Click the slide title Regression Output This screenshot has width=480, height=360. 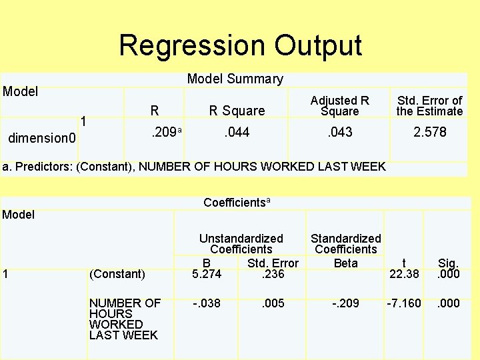coord(240,45)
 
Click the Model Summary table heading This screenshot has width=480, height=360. coord(235,79)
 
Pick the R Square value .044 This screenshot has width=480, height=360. coord(237,132)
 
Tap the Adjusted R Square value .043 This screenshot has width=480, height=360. coord(339,132)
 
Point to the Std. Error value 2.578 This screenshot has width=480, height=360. coord(429,132)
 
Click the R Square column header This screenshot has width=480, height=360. coord(237,111)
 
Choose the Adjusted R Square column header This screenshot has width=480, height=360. coord(339,105)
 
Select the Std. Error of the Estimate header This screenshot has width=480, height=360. coord(429,105)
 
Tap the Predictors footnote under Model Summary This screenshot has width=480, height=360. coord(194,166)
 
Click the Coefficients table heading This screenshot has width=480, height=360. coord(237,202)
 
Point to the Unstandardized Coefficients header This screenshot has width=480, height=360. coord(241,243)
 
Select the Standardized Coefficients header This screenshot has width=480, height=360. coord(345,243)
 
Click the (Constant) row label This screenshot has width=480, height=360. coord(117,273)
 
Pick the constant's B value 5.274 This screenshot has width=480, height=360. coord(207,273)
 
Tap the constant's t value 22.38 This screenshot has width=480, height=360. coord(403,273)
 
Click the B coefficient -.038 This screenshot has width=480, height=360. coord(207,303)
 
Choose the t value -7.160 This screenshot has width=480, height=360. coord(404,303)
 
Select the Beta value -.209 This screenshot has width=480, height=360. coord(345,303)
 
